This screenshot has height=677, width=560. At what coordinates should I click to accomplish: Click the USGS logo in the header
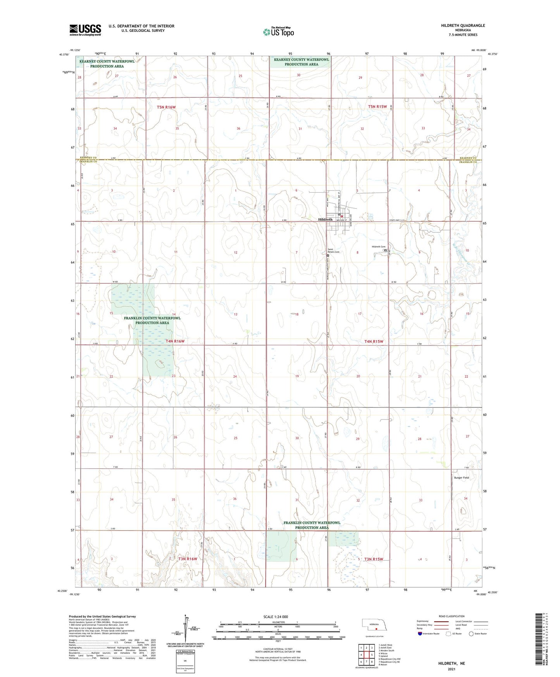tap(85, 30)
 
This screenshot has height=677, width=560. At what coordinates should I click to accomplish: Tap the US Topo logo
tap(278, 32)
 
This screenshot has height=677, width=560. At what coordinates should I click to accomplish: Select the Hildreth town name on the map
tap(325, 219)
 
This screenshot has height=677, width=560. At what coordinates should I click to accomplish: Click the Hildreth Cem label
tap(379, 247)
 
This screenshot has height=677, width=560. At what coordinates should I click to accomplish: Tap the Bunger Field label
tap(461, 478)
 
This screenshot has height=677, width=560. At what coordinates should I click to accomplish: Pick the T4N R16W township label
tap(175, 341)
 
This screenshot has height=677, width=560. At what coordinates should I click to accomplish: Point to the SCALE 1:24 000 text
tap(276, 617)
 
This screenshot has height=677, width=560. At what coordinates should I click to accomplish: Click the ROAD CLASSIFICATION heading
tap(451, 616)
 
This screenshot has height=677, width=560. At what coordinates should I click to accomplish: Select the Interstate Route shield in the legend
tap(420, 634)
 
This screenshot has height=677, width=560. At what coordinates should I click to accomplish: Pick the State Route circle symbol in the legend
tap(471, 634)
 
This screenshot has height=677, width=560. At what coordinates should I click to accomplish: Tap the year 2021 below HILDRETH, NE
tap(451, 669)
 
